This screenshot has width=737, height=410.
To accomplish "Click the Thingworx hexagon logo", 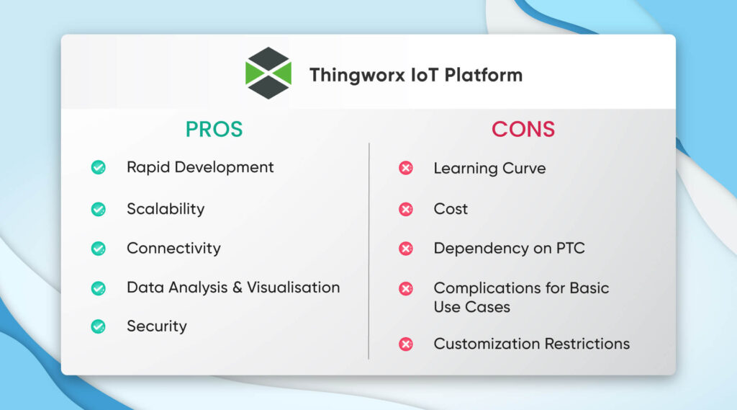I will tap(268, 73).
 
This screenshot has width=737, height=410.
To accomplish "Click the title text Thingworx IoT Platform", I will tap(415, 75).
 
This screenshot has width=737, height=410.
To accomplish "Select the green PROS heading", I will tap(214, 129).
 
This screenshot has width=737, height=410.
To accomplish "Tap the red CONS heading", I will tap(523, 129).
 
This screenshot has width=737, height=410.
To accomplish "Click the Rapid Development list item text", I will tap(200, 167).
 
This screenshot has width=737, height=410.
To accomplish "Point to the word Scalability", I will tap(166, 209).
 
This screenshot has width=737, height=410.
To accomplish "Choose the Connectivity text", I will tap(173, 249).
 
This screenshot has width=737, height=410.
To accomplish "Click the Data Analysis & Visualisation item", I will tap(233, 288).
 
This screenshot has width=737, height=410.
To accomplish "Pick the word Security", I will tap(157, 326).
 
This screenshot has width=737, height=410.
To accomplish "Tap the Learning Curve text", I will tap(489, 169).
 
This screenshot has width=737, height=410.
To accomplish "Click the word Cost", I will tap(451, 209).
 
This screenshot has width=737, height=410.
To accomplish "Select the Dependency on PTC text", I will tap(509, 249).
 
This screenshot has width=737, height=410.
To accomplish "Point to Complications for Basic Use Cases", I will tap(521, 297).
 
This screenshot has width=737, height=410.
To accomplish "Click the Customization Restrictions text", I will tap(531, 344).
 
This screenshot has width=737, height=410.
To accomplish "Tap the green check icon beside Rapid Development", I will tap(99, 168).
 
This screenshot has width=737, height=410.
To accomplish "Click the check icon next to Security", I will tap(99, 326).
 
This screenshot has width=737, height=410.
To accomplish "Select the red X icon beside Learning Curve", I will tap(406, 169).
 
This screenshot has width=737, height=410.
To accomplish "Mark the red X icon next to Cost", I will tap(406, 210).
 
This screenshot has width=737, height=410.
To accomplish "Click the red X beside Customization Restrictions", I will tap(406, 344).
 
